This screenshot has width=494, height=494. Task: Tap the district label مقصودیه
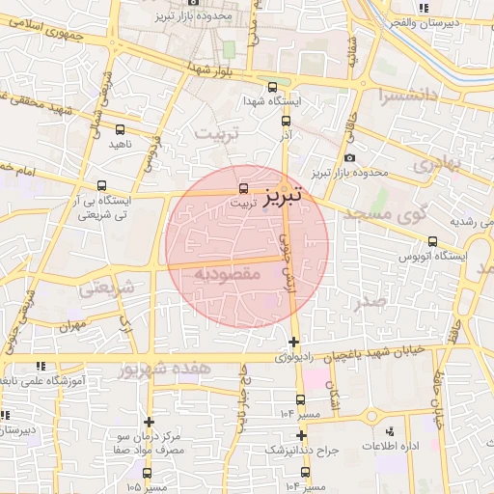point(228,274)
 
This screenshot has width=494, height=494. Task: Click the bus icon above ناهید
point(120,129)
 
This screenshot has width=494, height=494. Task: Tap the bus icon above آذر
point(286,122)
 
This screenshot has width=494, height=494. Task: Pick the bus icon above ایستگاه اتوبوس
point(431,242)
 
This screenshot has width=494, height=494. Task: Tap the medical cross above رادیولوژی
point(293,343)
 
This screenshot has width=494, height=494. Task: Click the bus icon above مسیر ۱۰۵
point(147,473)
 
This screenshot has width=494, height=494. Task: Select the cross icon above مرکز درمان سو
point(149,421)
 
